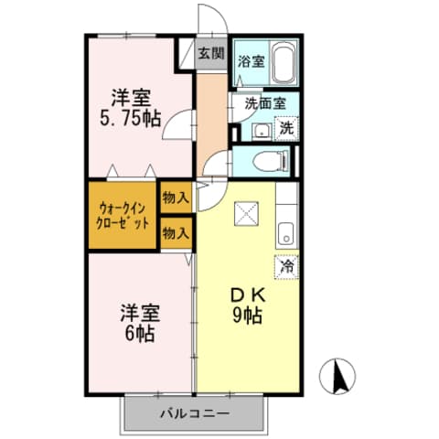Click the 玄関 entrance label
(x=210, y=53)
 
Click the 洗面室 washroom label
(x=264, y=104)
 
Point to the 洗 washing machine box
(x=287, y=130)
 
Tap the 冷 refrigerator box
(x=287, y=267)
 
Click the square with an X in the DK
(x=248, y=215)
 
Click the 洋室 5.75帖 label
(x=130, y=108)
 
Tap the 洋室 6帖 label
(x=139, y=321)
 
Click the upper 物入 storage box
(x=175, y=198)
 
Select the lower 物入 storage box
(x=175, y=233)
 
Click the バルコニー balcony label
(x=195, y=413)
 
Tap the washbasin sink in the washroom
(x=258, y=131)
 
